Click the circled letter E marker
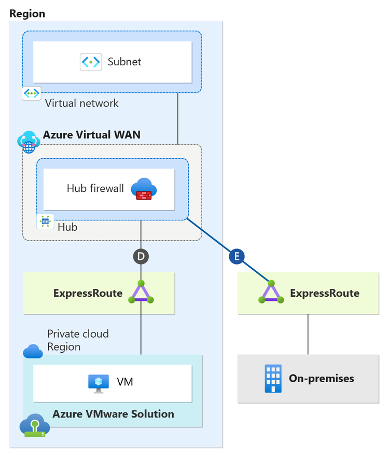[x=237, y=256]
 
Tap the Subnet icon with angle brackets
[x=91, y=62]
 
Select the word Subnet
[x=124, y=62]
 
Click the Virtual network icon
[x=31, y=93]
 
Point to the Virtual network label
[x=81, y=103]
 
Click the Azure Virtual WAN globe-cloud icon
[x=28, y=141]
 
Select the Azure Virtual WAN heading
[x=91, y=135]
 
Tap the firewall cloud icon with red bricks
[x=144, y=189]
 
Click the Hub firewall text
[x=95, y=188]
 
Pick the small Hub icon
[x=46, y=221]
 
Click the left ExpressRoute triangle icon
[x=141, y=293]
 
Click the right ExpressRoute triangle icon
[x=271, y=293]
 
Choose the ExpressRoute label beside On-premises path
[x=324, y=293]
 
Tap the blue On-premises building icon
[x=272, y=378]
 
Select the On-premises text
[x=321, y=378]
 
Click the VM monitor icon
[x=98, y=382]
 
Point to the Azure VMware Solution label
[x=113, y=414]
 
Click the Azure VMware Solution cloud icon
[x=34, y=426]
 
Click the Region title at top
[x=27, y=13]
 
